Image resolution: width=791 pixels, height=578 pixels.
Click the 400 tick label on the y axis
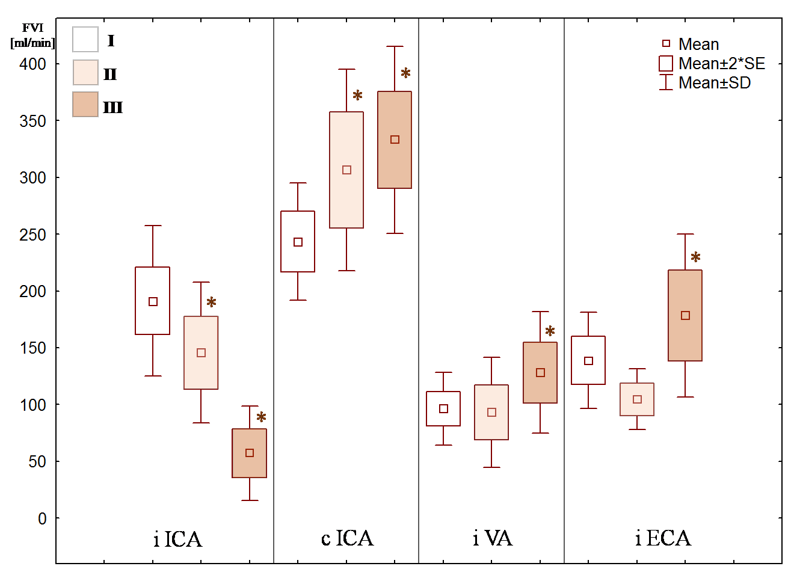coord(32,64)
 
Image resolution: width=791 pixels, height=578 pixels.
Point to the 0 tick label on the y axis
coord(42,518)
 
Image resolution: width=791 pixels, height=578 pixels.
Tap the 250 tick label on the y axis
coord(32,235)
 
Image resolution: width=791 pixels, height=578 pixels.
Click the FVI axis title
coord(32,28)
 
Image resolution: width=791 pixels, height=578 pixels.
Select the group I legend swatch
coord(85,40)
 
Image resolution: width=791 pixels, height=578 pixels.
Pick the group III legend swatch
coord(85,105)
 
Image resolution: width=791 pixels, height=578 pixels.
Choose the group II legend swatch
coord(85,72)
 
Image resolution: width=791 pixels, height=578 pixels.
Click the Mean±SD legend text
coord(715,83)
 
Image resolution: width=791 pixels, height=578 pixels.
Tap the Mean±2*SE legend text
coord(722,64)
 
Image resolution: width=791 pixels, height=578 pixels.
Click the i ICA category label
coord(177,539)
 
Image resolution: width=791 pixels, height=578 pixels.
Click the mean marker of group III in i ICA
coord(250,453)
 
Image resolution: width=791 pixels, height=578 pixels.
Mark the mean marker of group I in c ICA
coord(298,242)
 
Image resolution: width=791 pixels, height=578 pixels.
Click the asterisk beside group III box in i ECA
coord(695,257)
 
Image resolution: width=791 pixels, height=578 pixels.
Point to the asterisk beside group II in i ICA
coord(211,302)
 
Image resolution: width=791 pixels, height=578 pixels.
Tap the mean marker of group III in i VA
coord(540,373)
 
